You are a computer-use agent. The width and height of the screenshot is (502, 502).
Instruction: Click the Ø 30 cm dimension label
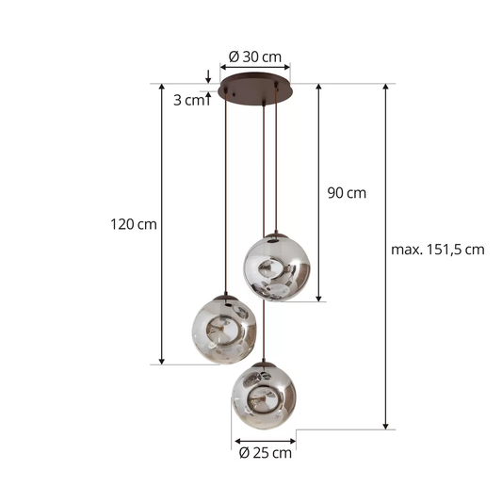tap(255, 55)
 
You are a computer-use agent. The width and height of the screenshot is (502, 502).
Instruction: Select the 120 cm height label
tap(134, 224)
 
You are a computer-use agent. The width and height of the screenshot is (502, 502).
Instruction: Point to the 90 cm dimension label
tap(347, 193)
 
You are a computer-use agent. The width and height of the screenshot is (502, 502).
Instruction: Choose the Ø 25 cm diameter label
tap(266, 452)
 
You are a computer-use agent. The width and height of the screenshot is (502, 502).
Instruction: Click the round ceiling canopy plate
tap(255, 92)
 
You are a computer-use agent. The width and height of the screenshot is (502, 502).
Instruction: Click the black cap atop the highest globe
tap(276, 235)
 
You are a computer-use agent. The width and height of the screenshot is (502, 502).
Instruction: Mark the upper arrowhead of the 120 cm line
tap(163, 88)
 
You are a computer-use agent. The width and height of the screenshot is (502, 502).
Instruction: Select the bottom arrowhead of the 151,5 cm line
tap(386, 425)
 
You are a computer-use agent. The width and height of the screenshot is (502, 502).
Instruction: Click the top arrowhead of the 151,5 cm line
tap(386, 88)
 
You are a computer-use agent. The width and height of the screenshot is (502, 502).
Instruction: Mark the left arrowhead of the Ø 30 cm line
tap(223, 68)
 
